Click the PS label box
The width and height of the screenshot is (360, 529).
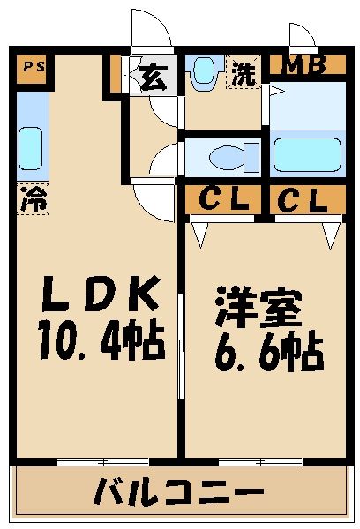point(32,68)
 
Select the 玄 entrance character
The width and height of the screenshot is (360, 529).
point(153,76)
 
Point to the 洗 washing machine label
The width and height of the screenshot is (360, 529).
point(244,72)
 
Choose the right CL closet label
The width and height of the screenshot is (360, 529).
point(302,200)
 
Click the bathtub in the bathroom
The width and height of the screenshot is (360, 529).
point(306,155)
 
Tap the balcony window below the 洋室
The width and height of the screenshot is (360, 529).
point(261,461)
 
